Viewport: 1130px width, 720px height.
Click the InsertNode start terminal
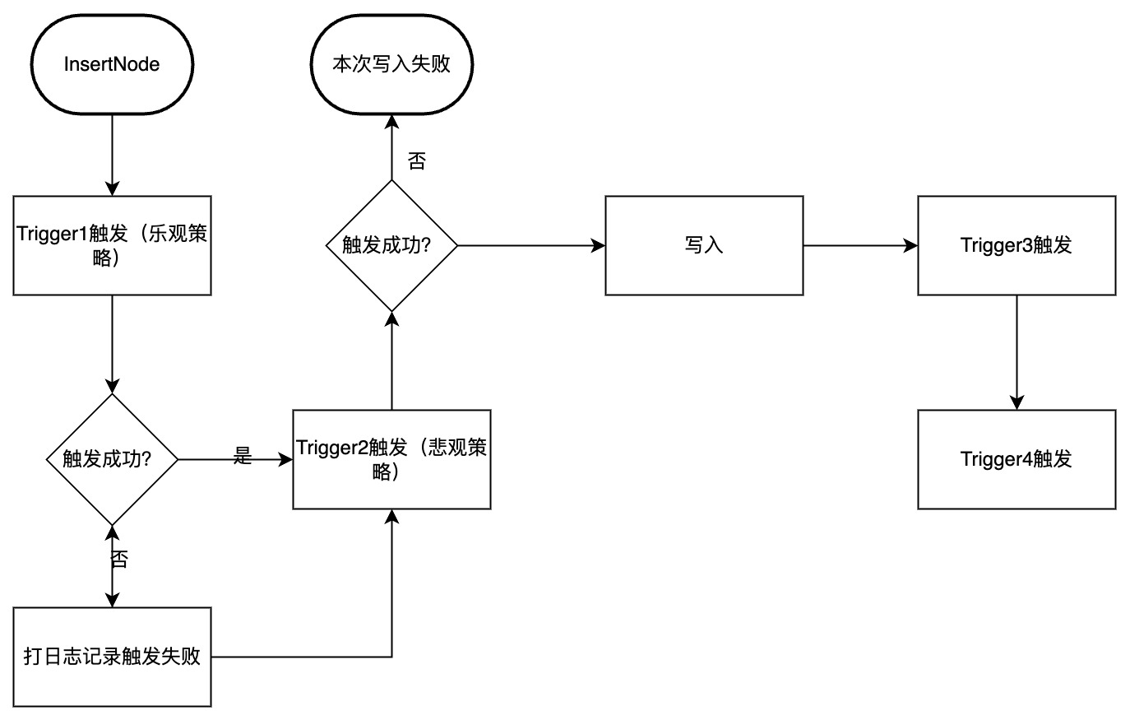112,64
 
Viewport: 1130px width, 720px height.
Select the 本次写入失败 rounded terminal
391,64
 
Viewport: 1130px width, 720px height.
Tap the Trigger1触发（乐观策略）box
112,245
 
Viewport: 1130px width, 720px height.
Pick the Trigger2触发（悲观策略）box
391,459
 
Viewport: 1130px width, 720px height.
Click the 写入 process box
704,245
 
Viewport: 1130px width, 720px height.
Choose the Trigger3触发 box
1017,245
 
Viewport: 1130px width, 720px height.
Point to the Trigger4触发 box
1017,459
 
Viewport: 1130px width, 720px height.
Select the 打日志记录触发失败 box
112,657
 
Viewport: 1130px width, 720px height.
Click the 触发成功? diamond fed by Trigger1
112,459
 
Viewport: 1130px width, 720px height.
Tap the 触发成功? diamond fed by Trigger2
391,245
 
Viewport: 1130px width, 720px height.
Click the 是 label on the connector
243,456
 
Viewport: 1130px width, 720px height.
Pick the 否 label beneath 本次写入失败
417,161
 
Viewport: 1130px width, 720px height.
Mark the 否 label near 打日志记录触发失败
119,560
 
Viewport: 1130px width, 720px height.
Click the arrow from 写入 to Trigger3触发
860,245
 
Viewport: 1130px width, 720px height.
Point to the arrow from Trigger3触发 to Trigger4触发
1017,352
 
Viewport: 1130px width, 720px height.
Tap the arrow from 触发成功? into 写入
531,245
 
